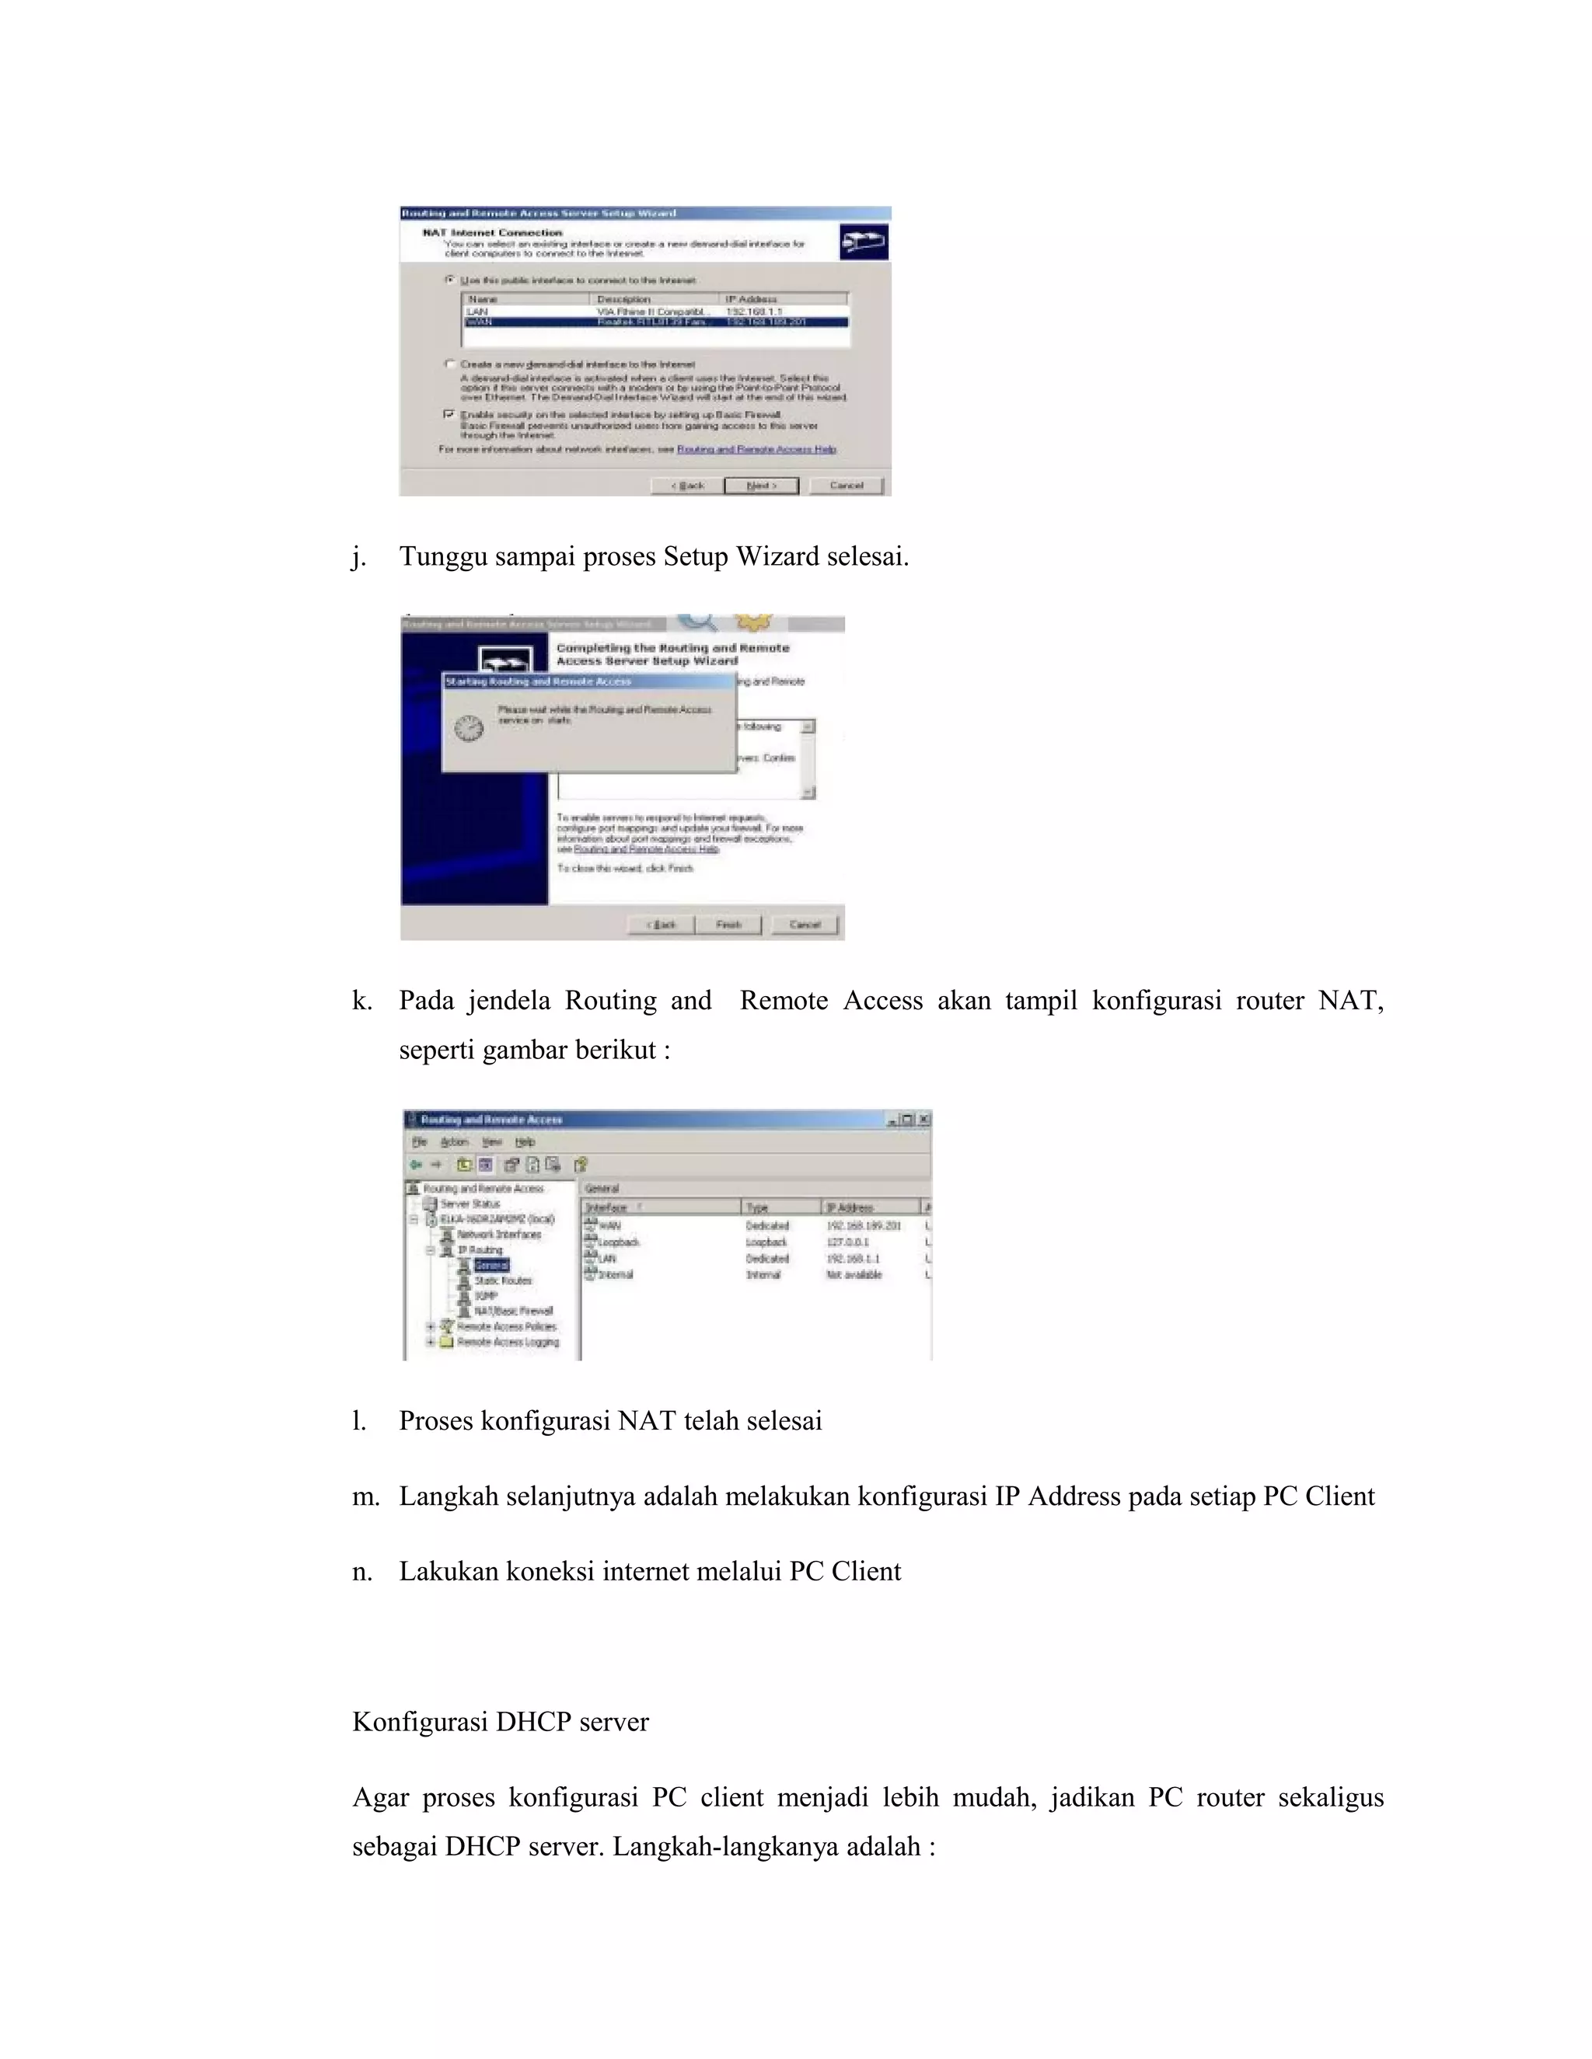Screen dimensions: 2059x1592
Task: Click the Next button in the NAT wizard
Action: click(760, 486)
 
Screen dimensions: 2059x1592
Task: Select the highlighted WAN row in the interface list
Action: click(655, 322)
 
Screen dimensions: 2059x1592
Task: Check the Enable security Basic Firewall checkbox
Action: click(449, 414)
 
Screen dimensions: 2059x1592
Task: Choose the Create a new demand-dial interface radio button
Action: click(450, 364)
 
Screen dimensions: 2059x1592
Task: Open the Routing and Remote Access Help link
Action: click(756, 450)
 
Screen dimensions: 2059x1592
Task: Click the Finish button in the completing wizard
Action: click(729, 925)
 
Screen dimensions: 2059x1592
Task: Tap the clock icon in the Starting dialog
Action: click(469, 728)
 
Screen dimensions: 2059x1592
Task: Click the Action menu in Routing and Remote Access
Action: click(454, 1141)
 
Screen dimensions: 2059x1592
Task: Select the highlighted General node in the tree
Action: click(491, 1265)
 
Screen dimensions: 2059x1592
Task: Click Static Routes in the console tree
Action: click(503, 1280)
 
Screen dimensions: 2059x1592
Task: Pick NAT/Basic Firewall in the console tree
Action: click(513, 1312)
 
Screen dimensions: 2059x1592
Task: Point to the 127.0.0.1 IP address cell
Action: click(847, 1242)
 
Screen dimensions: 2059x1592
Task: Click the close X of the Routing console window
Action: click(924, 1119)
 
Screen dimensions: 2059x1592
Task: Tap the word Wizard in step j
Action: click(777, 557)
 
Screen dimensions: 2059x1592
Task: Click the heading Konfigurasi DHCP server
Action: click(500, 1723)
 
